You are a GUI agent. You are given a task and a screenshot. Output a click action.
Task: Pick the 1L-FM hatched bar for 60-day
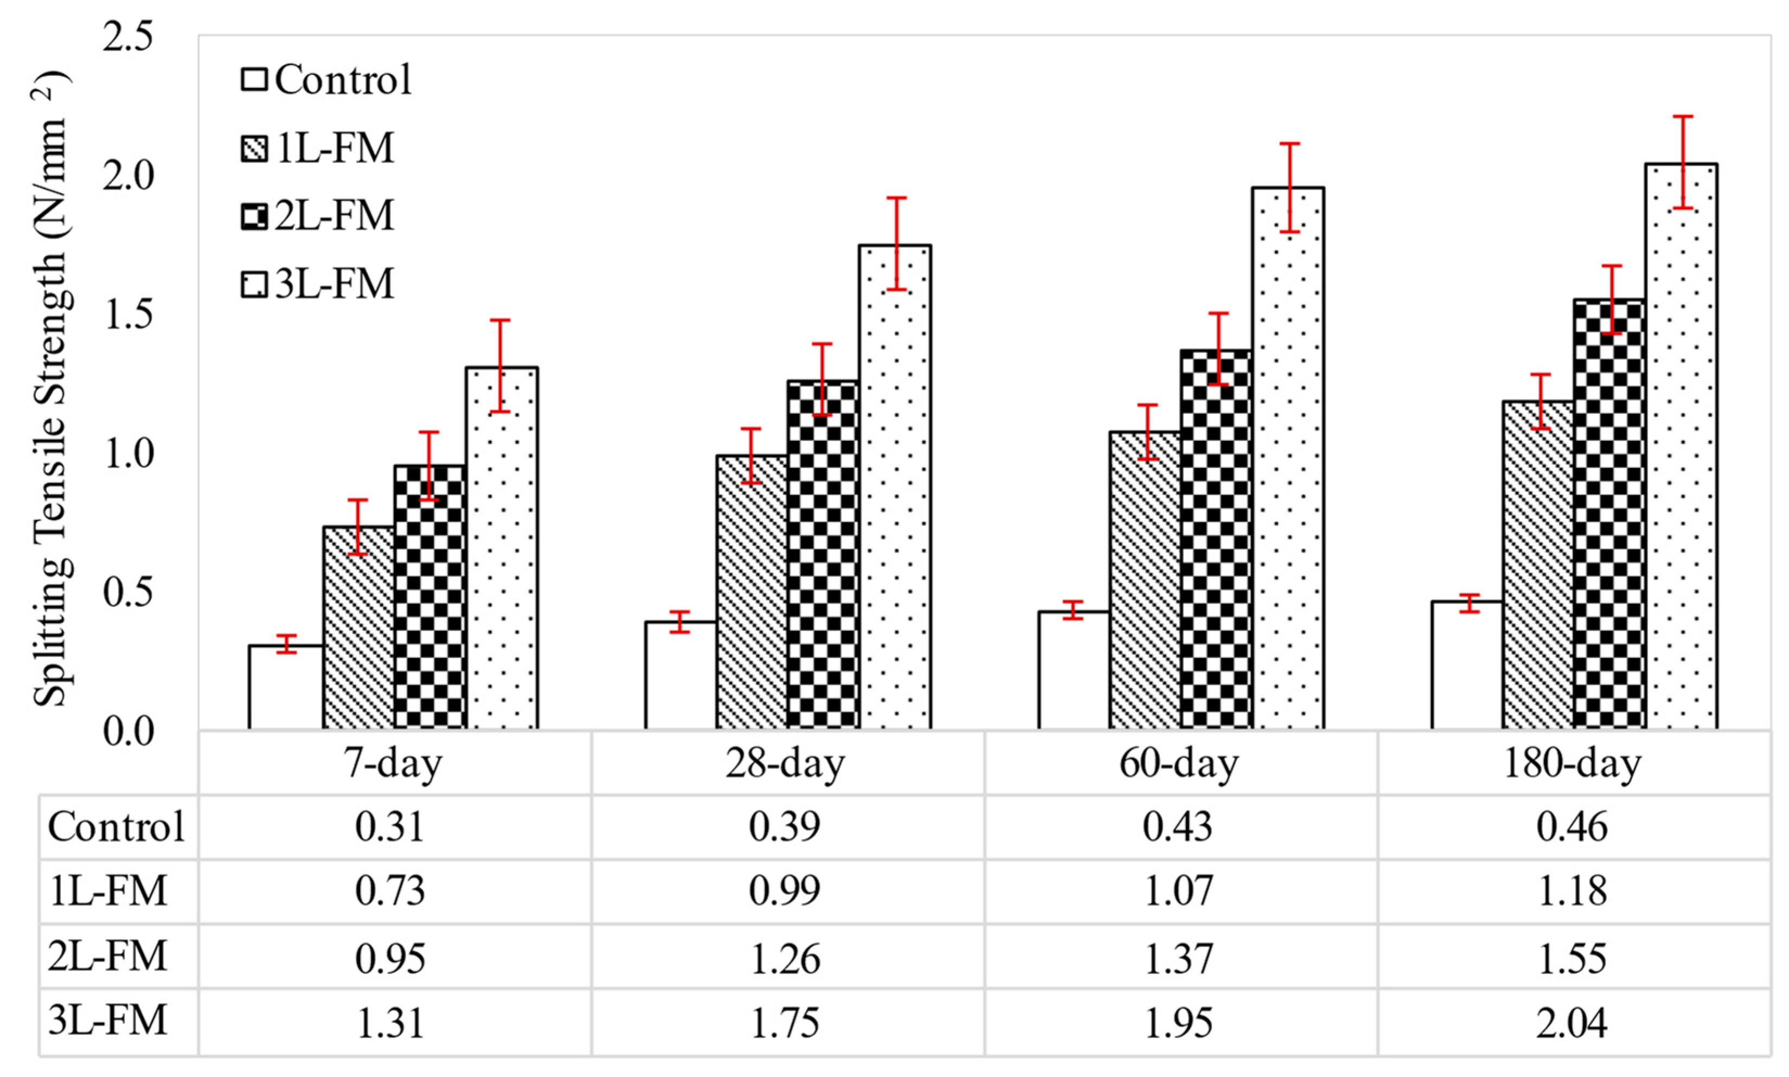1145,581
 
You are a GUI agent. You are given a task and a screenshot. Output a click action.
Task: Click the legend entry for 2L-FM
318,215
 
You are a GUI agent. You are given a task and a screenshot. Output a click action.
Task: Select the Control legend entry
326,79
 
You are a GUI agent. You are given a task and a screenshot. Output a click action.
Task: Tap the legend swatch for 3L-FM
254,284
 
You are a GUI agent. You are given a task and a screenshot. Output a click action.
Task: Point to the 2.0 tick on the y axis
129,176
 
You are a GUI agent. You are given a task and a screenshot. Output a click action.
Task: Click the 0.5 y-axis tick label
129,592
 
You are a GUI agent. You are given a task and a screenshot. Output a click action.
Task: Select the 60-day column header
1179,763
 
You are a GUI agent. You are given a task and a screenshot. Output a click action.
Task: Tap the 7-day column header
394,763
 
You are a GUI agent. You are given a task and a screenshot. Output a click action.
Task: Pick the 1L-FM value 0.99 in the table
785,890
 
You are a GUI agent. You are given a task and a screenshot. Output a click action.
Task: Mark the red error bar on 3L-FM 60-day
1288,187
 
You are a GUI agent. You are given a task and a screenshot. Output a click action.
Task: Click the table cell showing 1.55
1572,958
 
